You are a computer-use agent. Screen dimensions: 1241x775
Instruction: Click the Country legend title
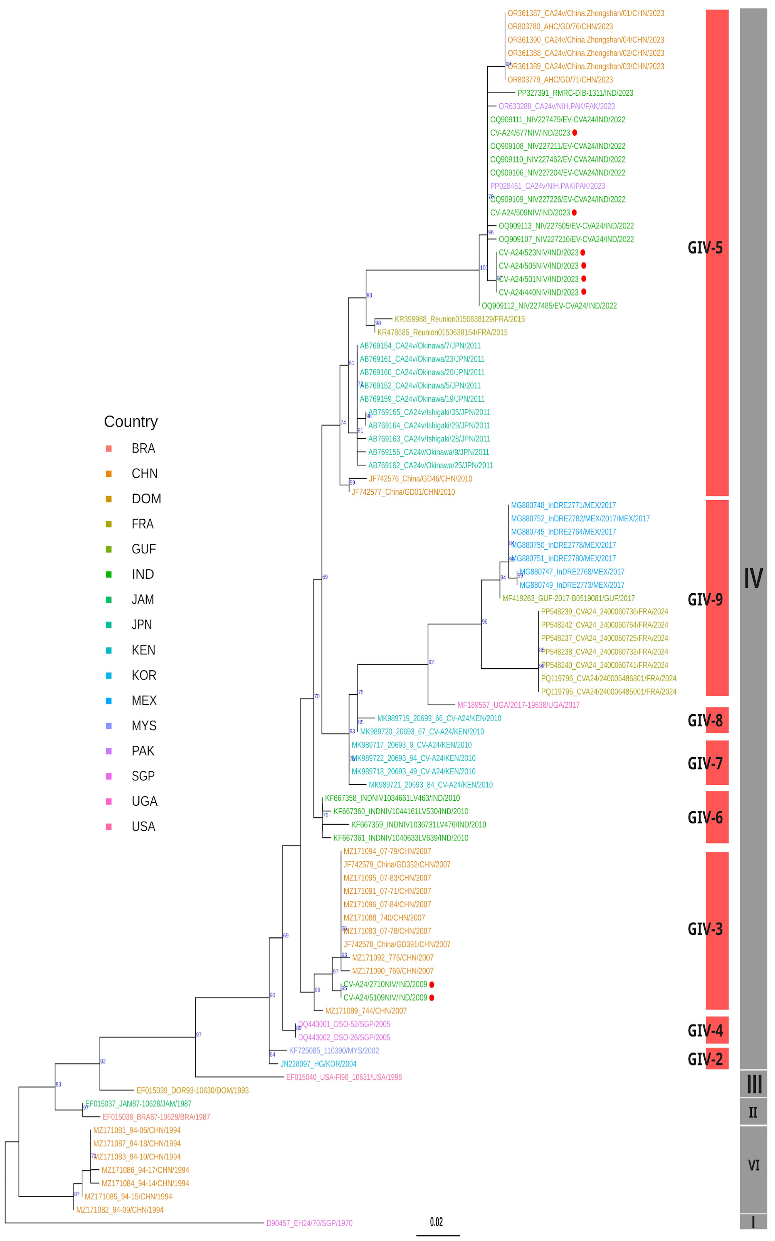(131, 422)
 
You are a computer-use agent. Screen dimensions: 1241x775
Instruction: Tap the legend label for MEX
(144, 701)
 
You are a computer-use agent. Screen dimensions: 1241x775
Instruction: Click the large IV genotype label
(753, 578)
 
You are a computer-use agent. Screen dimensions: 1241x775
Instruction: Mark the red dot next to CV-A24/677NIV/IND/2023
(575, 133)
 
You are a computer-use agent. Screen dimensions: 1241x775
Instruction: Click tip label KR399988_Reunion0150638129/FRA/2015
(459, 319)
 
